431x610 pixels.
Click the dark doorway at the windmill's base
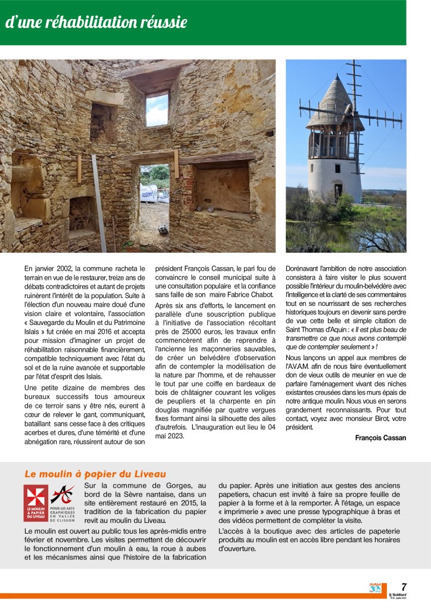click(338, 191)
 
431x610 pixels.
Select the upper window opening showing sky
click(157, 109)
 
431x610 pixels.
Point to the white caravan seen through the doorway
click(149, 192)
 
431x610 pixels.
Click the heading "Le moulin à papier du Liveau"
click(95, 474)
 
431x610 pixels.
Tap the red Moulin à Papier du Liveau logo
click(36, 503)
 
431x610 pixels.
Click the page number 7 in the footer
click(404, 587)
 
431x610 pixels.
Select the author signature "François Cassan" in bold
click(380, 438)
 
